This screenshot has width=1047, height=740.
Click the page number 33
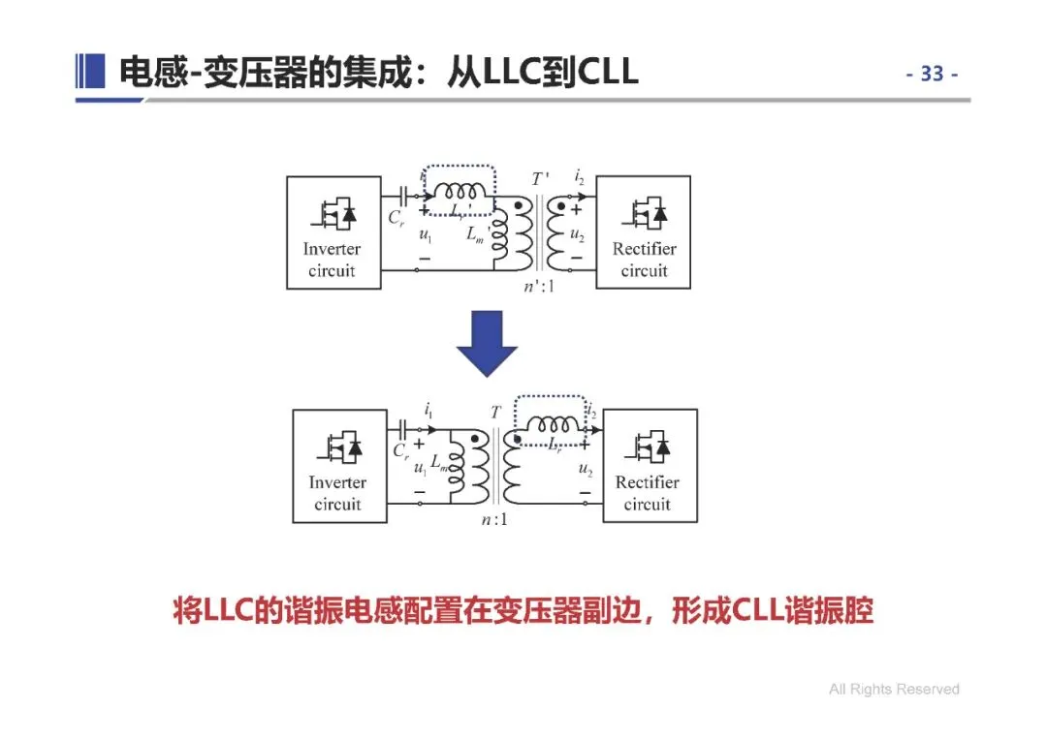coord(932,74)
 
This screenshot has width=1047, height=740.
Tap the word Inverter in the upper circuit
coord(332,249)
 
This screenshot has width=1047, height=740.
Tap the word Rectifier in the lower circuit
coord(648,482)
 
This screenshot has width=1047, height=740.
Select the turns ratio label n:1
coord(494,520)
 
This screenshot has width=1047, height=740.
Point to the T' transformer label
coord(539,179)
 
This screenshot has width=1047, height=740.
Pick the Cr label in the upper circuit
coord(397,218)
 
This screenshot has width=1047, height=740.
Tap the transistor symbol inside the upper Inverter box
coord(333,210)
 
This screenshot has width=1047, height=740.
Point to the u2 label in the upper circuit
coord(576,233)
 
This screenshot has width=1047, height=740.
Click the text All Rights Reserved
coord(894,690)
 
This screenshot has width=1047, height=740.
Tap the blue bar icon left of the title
coord(89,72)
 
